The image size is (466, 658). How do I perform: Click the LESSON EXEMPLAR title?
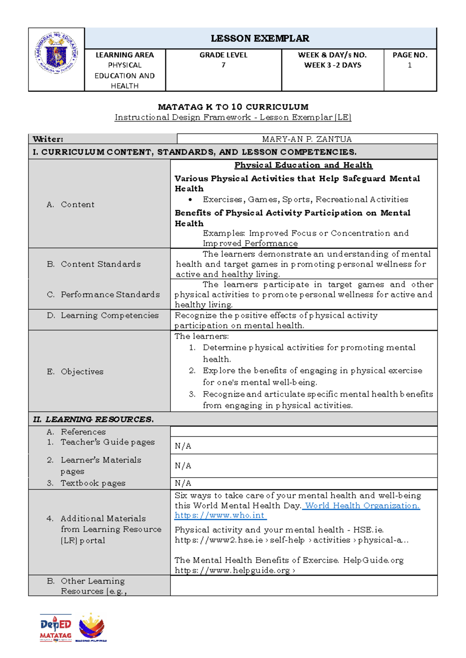coord(260,38)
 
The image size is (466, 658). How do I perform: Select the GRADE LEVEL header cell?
coord(223,55)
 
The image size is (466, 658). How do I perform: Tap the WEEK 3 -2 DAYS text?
coord(332,65)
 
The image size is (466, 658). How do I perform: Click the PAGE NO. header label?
coord(410,55)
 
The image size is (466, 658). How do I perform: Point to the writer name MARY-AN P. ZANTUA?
coord(307,139)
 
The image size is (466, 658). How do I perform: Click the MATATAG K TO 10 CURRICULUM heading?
coord(233,107)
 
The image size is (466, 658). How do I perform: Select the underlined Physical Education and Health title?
coord(303,165)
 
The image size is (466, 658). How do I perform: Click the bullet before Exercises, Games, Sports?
coord(190,200)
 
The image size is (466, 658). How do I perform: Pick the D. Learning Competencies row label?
coord(103,315)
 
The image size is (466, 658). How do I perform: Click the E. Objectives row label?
coord(75,372)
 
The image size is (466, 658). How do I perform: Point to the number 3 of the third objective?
coord(192,394)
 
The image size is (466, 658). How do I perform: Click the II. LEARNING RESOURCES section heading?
coord(93,419)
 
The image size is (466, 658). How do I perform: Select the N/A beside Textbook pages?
coord(183,483)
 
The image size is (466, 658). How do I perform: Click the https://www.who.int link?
coord(220,516)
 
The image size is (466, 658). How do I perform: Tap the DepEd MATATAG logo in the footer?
coord(56,628)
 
